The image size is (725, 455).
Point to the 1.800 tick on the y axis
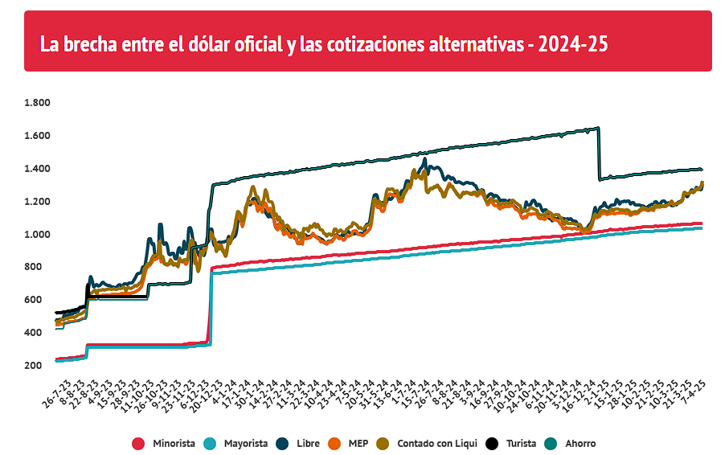point(37,103)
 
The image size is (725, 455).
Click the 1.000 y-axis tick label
point(37,234)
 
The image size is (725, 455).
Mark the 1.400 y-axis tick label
point(37,169)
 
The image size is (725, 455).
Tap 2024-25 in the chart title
point(573,43)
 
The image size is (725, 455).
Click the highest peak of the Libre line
point(424,159)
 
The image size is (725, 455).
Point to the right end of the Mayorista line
point(701,228)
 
